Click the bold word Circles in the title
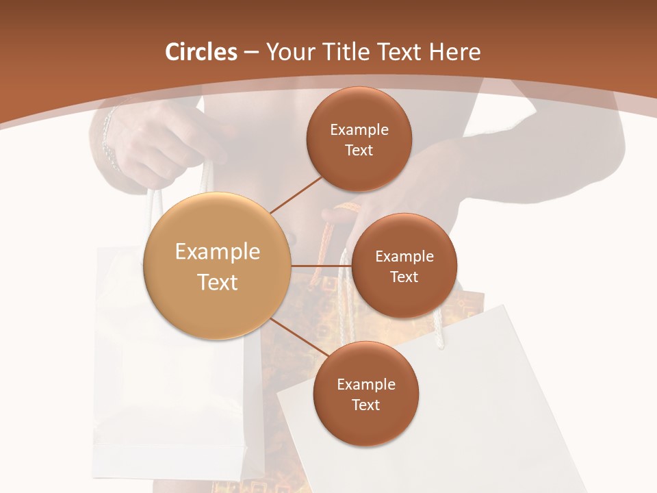point(201,52)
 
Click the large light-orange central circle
point(217,266)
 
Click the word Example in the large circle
point(218,252)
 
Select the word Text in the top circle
point(359,151)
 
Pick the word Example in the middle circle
point(404,257)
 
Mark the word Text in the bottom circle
point(365,405)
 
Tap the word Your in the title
point(287,52)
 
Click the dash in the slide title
point(251,52)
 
